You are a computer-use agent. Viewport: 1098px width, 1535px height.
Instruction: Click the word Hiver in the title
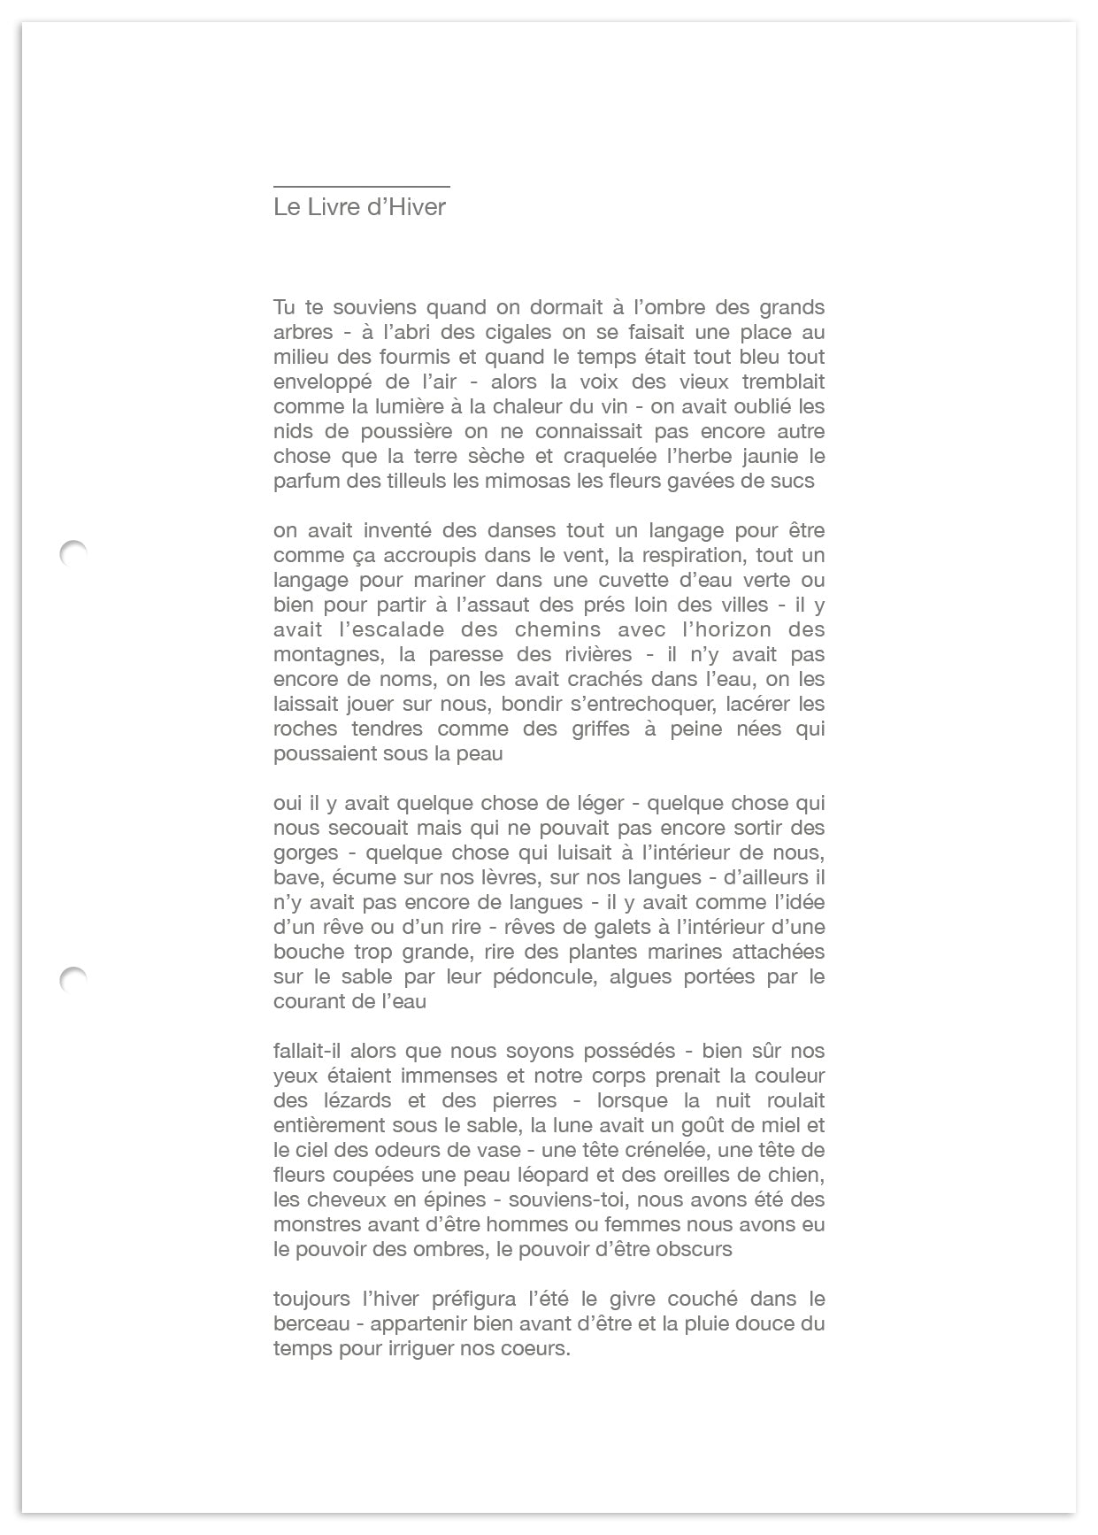click(x=416, y=207)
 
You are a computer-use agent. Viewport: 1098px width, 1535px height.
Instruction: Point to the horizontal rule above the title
click(x=361, y=187)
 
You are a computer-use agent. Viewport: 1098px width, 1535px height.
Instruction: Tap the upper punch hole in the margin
click(x=73, y=553)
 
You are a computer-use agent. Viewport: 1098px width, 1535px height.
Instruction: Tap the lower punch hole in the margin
click(x=73, y=980)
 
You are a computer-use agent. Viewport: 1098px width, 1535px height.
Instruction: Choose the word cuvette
click(x=602, y=581)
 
